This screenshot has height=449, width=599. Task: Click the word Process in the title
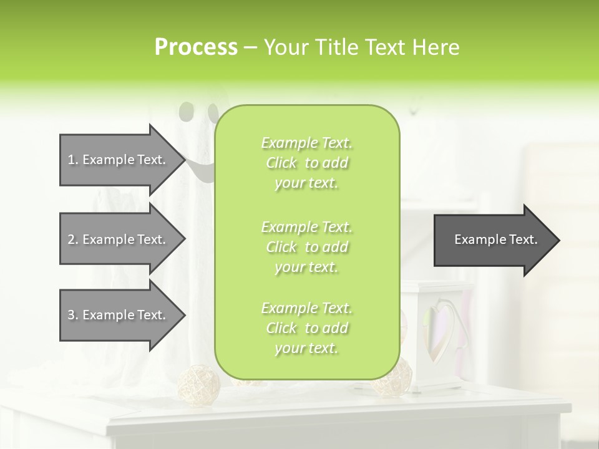pos(196,47)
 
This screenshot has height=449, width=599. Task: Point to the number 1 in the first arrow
pos(71,160)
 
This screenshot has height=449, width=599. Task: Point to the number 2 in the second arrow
pos(71,239)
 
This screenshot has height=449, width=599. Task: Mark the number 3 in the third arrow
pos(71,315)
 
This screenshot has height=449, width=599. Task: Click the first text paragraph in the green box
pos(306,163)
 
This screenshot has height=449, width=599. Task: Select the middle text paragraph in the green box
pos(306,247)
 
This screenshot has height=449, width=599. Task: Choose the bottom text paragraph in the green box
pos(306,328)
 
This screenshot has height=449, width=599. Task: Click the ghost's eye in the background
pos(186,112)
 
